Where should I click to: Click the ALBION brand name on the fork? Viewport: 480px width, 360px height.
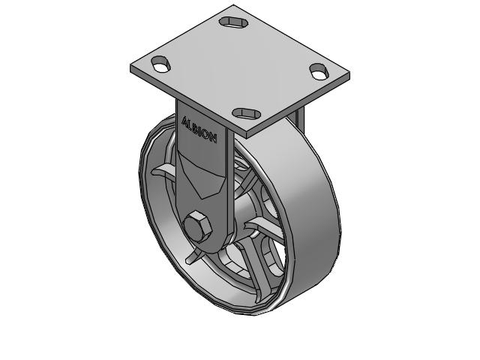[199, 128]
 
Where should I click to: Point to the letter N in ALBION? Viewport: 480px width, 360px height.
[214, 139]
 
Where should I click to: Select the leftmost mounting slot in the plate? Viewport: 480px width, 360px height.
[161, 63]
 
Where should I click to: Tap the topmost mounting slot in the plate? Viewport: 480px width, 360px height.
[235, 21]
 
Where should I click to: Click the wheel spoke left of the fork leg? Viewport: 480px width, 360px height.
[163, 174]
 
